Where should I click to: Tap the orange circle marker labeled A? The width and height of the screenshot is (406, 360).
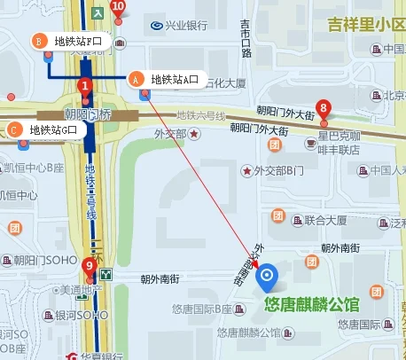click(137, 78)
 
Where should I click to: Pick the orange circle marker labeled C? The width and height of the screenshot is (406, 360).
click(14, 129)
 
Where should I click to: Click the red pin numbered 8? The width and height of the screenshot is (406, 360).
click(324, 108)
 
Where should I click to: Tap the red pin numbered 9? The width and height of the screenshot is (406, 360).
click(89, 266)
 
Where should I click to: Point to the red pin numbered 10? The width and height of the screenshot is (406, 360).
click(119, 8)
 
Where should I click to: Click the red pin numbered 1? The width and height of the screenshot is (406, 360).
click(85, 87)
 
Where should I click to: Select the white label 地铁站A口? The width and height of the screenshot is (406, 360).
click(175, 80)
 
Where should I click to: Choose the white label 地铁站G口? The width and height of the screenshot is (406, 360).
click(59, 130)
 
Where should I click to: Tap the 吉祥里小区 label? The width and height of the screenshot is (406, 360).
click(365, 23)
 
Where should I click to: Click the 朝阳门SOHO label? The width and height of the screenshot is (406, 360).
click(42, 260)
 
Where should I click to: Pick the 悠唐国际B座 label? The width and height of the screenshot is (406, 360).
click(201, 309)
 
